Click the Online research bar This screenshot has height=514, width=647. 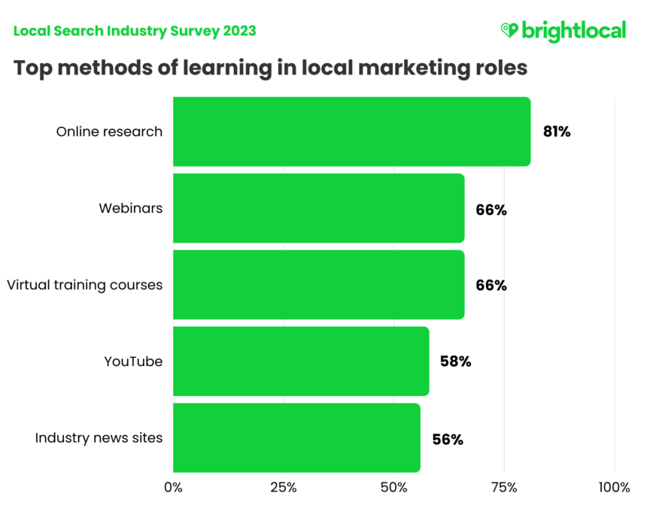point(351,132)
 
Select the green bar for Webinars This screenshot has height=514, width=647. point(318,208)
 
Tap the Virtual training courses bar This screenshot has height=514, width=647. point(318,285)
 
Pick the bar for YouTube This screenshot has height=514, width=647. point(301,361)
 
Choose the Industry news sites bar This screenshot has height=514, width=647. point(296,437)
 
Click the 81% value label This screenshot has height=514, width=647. point(557,132)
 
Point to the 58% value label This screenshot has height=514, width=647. point(455,361)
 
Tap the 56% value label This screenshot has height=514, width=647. point(447,439)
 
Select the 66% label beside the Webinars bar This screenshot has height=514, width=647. point(491,210)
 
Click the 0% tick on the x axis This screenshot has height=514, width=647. point(173,488)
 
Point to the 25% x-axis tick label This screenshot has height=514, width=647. point(283,488)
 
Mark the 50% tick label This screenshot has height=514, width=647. point(393,488)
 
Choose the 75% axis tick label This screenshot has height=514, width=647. point(504,488)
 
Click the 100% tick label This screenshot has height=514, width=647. point(614,488)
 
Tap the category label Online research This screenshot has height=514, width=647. point(109,132)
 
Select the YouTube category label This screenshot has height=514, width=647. point(133,361)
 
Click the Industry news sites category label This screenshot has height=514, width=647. point(99,437)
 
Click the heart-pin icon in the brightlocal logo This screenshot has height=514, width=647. point(509,30)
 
